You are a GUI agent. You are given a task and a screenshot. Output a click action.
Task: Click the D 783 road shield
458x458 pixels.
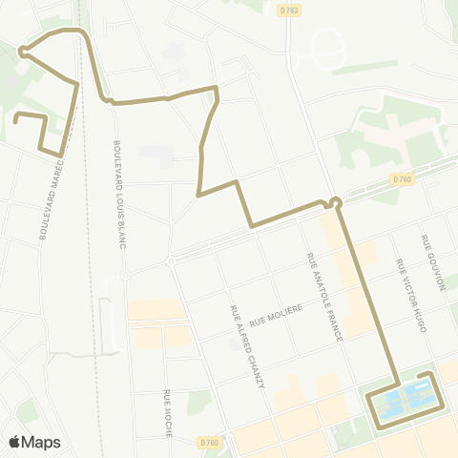(x=289, y=10)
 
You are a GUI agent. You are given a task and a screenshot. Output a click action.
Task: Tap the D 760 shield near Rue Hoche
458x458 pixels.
(x=210, y=441)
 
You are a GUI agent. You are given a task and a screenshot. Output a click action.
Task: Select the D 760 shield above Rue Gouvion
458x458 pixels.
(x=401, y=178)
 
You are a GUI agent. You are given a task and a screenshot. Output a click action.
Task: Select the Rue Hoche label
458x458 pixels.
(x=167, y=412)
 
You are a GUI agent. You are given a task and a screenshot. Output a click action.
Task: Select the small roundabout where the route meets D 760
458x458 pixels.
(x=335, y=201)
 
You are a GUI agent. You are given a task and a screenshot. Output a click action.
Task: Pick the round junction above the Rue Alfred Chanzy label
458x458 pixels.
(x=171, y=260)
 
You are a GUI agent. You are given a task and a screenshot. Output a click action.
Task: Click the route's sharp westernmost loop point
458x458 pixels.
(x=21, y=52)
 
